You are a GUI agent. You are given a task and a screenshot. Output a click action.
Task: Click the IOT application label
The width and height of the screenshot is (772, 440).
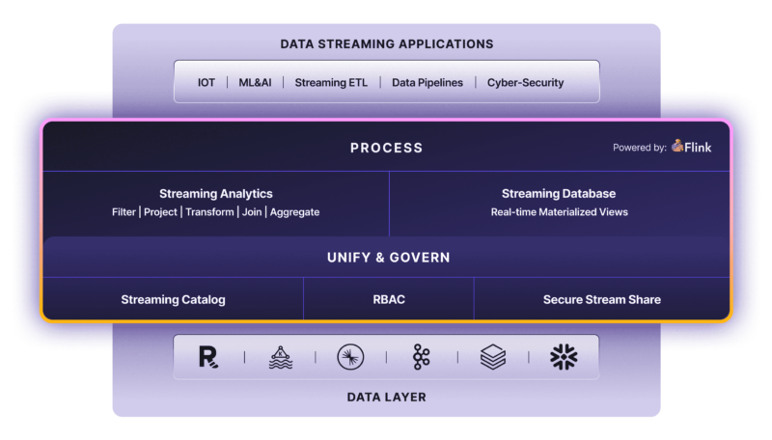[x=207, y=83]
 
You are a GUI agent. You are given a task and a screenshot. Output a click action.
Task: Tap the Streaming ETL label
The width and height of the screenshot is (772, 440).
[x=331, y=83]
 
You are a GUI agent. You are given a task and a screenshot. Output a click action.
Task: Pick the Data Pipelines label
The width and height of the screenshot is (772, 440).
[x=427, y=83]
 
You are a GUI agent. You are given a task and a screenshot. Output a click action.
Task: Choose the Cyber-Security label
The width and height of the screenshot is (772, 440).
[x=525, y=83]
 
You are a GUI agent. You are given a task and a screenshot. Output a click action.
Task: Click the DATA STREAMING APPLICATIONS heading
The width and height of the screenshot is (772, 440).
[x=386, y=43]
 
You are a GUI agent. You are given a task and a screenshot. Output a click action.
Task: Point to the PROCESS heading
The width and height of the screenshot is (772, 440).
[x=386, y=148]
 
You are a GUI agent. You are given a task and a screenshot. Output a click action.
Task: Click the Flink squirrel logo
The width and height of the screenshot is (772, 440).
[x=678, y=147]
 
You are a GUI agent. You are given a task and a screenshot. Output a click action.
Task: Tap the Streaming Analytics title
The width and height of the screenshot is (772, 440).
[x=215, y=194]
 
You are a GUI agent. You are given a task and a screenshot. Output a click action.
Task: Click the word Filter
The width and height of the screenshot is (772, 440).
[x=124, y=212]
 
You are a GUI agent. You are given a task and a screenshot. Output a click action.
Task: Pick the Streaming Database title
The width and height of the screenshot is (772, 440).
[x=559, y=194]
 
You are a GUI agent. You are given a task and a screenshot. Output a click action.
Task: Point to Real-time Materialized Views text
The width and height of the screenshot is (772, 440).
[x=559, y=212]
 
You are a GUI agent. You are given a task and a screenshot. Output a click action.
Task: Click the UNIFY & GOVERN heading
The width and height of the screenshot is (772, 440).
[x=386, y=258]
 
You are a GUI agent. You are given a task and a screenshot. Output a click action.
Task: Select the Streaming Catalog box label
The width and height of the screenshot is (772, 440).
[x=173, y=299]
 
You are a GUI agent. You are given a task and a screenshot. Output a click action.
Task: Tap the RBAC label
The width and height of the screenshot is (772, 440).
[x=388, y=299]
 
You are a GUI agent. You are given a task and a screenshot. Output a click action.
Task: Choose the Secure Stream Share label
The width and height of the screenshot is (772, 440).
[x=601, y=299]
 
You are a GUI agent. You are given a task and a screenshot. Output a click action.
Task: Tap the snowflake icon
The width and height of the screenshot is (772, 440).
[x=564, y=357]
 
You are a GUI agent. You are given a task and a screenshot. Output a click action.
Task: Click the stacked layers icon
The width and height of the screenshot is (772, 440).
[x=493, y=357]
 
